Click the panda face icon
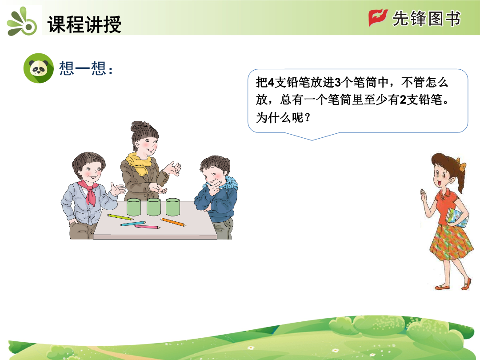pos(39,68)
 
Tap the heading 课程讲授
pos(84,24)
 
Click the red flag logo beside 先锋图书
pos(378,18)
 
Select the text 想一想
pos(82,68)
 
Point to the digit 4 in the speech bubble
pos(271,82)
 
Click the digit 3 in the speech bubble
pos(338,82)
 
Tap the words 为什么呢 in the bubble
pos(280,117)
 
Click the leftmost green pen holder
pos(133,207)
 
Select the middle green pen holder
pos(154,207)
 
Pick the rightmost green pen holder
pos(172,207)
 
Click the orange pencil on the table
pos(173,222)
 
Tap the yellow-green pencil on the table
pos(120,217)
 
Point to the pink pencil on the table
pos(147,227)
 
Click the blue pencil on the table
pos(133,224)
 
